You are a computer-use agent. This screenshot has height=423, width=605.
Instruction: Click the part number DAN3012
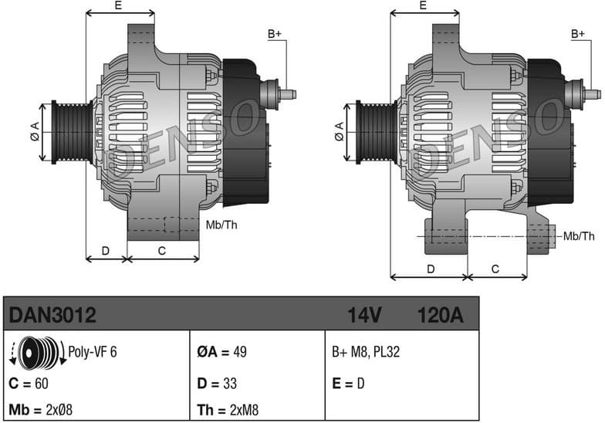click(x=52, y=315)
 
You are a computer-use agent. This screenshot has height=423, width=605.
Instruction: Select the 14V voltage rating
click(x=365, y=315)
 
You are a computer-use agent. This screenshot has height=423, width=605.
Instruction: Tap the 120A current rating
click(x=439, y=315)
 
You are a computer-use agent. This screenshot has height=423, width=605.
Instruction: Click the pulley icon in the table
click(x=38, y=353)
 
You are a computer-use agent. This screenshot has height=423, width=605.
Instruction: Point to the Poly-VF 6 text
click(x=93, y=352)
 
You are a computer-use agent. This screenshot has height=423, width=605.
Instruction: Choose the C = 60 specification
click(x=29, y=384)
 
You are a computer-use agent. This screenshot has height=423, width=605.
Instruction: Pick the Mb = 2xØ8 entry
click(x=40, y=408)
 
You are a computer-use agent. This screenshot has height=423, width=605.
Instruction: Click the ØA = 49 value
click(x=221, y=353)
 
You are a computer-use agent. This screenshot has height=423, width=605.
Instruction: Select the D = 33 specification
click(x=217, y=384)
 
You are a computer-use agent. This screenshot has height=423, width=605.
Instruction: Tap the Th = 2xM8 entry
click(x=228, y=408)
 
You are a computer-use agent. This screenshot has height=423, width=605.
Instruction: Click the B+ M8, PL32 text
click(x=366, y=353)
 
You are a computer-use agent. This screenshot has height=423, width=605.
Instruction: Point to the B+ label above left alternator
click(x=275, y=33)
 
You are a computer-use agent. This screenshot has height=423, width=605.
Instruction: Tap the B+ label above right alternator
click(x=579, y=33)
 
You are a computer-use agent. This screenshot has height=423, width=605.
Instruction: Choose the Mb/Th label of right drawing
click(x=579, y=235)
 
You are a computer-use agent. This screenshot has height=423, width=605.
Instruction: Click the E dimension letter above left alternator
click(x=118, y=5)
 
